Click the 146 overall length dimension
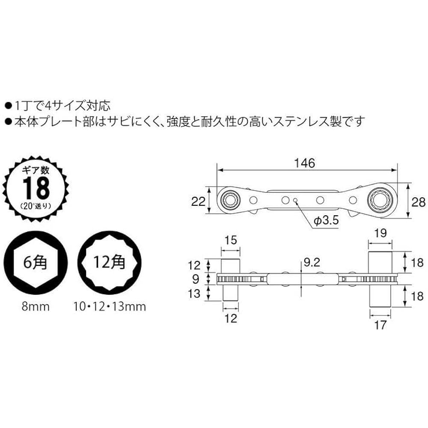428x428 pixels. pos(305,163)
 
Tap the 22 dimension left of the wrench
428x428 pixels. pos(198,200)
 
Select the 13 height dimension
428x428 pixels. pos(196,294)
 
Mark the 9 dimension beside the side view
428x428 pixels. pos(196,279)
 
